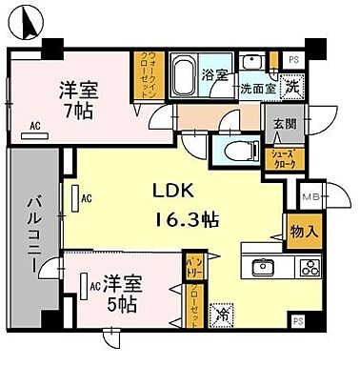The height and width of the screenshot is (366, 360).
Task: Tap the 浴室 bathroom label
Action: [213, 74]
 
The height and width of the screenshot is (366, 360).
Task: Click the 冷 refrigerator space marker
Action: [220, 310]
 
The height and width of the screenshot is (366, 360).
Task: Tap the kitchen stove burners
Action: [310, 267]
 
